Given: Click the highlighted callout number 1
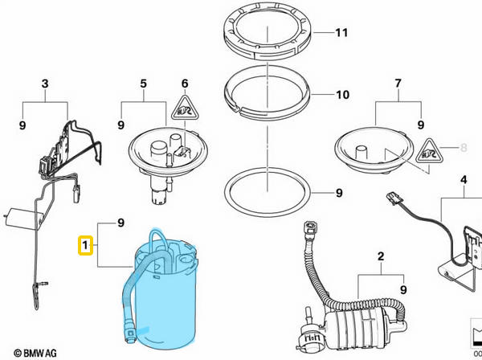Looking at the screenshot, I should (x=84, y=243).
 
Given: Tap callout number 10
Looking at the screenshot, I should (x=341, y=95).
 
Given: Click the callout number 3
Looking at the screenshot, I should (x=45, y=84).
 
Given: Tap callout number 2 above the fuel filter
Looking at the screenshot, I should (x=381, y=256).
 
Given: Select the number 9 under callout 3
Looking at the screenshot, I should (x=21, y=125).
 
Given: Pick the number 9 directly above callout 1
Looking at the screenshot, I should (x=120, y=221).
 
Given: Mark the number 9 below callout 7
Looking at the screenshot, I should (x=419, y=125).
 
